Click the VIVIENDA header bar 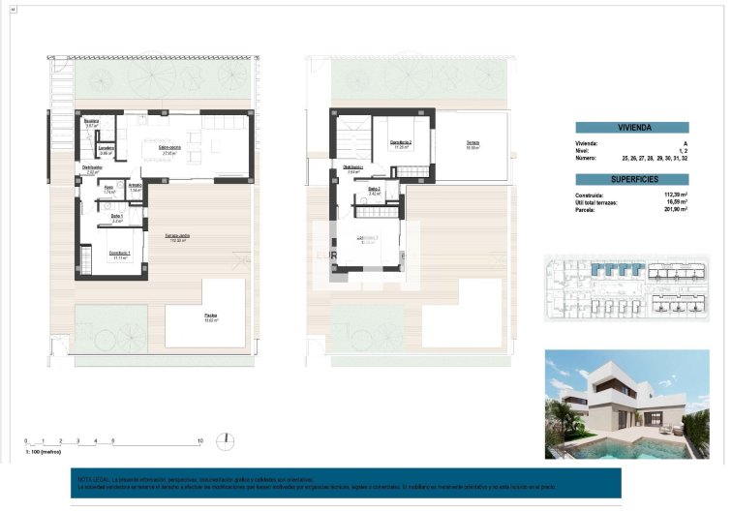pyautogui.click(x=632, y=128)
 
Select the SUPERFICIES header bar pyautogui.click(x=632, y=179)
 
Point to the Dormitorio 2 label pyautogui.click(x=402, y=143)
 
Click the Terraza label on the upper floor pyautogui.click(x=473, y=142)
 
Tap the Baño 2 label pyautogui.click(x=374, y=189)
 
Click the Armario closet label pyautogui.click(x=136, y=185)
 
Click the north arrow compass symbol pyautogui.click(x=226, y=440)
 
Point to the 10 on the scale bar pyautogui.click(x=198, y=441)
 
